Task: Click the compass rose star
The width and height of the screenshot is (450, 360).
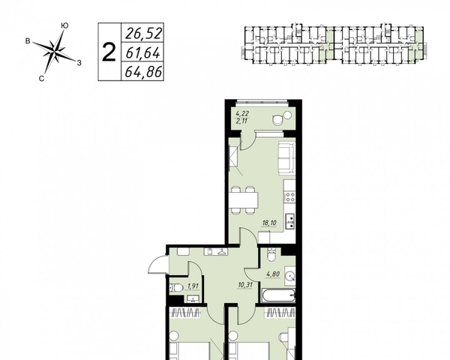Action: point(54,52)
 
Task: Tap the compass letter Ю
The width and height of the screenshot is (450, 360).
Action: point(64,25)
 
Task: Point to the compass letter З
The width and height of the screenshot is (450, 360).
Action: point(79,62)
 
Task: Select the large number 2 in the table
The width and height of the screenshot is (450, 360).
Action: point(109,52)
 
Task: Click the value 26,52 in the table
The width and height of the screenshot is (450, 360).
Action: point(144,33)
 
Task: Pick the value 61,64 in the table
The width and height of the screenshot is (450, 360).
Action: point(142,52)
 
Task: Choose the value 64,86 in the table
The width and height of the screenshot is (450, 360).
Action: point(143,72)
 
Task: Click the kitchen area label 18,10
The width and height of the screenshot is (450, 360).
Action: point(268,223)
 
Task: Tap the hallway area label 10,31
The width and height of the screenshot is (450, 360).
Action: point(244,284)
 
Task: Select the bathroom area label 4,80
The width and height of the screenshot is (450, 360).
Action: point(273,274)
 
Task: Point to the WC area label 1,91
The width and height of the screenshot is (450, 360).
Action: point(193,286)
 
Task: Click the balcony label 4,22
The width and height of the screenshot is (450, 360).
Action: point(241,114)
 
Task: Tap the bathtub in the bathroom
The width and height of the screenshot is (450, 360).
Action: point(278,295)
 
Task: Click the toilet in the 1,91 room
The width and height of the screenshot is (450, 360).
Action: point(176,288)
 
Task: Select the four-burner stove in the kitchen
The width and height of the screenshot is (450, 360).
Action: point(289,196)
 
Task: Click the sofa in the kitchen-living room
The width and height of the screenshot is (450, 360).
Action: point(286,159)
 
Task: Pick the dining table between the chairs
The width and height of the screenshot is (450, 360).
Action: point(243,200)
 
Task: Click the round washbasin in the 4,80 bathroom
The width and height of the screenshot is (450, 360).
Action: point(290,277)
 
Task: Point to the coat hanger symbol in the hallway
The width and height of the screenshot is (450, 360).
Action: point(221,252)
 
